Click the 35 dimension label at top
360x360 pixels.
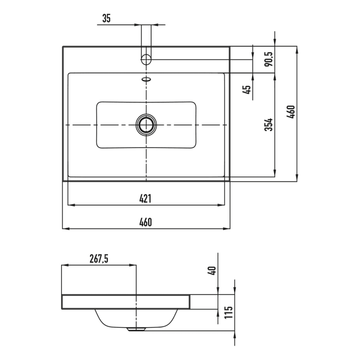(x=106, y=18)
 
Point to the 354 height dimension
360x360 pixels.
(x=268, y=124)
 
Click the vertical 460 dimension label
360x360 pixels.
(x=291, y=112)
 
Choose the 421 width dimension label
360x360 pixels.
(x=146, y=199)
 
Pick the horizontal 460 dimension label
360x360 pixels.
(x=146, y=222)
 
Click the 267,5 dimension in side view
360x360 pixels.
(x=99, y=259)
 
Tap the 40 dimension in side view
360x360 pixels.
(x=212, y=271)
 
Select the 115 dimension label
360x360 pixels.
(x=229, y=312)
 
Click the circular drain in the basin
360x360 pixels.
(x=146, y=124)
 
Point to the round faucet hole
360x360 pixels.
(x=146, y=60)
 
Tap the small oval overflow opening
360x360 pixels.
(x=146, y=79)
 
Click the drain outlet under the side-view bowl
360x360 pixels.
(x=136, y=329)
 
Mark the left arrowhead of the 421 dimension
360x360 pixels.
(x=71, y=205)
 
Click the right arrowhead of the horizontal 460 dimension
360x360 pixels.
(x=227, y=228)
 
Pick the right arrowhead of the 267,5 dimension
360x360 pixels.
(x=133, y=265)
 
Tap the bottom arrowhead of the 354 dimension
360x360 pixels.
(x=275, y=174)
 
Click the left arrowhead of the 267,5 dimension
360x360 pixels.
(x=65, y=265)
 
